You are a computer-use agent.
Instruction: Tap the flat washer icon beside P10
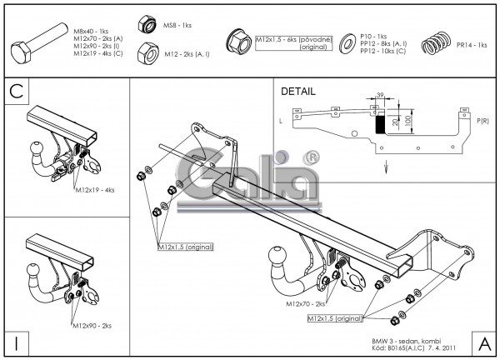tap(344, 43)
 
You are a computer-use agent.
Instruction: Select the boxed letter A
tap(482, 342)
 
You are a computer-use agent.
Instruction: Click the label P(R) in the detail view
tap(482, 122)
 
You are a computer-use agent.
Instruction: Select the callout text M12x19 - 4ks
tap(94, 190)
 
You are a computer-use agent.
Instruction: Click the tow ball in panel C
tap(37, 151)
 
